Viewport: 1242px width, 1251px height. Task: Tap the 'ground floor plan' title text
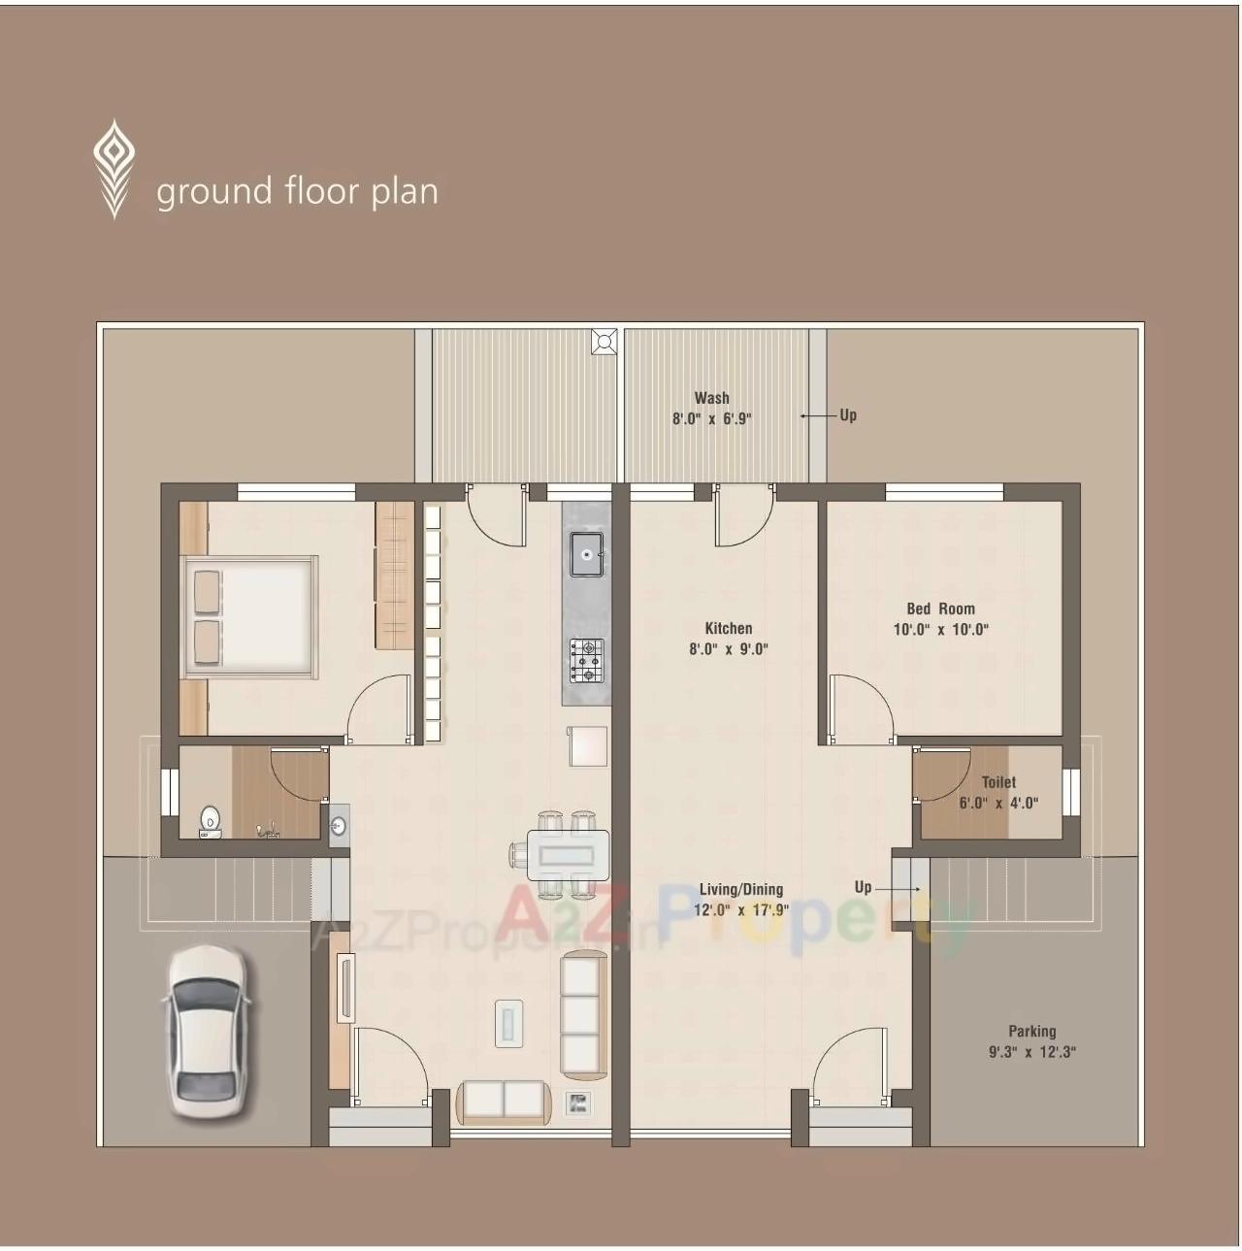point(297,191)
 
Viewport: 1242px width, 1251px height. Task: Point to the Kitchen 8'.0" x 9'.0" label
point(728,639)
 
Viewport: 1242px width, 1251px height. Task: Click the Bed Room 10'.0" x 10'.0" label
point(940,619)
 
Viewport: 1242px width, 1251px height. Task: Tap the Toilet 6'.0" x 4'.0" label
point(997,792)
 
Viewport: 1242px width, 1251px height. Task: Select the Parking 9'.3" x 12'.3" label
point(1031,1041)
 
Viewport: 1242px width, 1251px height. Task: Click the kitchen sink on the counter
point(586,554)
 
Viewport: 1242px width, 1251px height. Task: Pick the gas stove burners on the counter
point(586,660)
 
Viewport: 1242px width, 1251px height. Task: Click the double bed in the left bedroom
point(249,616)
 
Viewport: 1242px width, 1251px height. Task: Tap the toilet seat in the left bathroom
point(210,822)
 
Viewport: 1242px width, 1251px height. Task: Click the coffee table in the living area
point(508,1023)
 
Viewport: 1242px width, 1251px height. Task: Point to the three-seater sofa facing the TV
point(582,1015)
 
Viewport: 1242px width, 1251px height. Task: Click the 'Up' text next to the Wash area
point(848,415)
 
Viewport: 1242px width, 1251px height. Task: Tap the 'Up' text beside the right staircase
point(863,887)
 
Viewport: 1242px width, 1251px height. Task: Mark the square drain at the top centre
point(605,341)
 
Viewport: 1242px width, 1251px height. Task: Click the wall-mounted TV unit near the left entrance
point(343,987)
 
